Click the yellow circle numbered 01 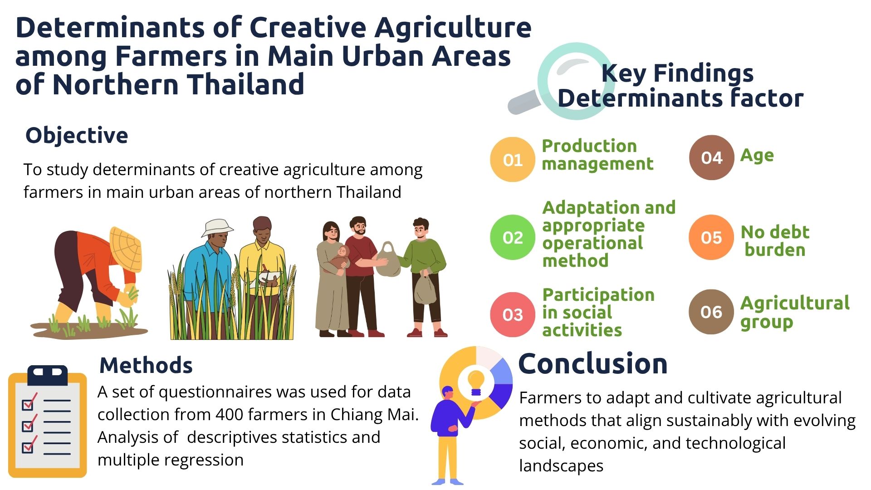click(513, 160)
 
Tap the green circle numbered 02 click(513, 237)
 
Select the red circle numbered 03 click(513, 314)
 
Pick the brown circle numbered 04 click(711, 157)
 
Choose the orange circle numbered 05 click(711, 237)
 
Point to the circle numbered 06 click(711, 312)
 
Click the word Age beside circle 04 click(757, 156)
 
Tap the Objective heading click(77, 136)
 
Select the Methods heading click(146, 365)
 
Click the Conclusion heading click(593, 363)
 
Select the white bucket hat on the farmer click(217, 228)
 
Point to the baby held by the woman click(339, 258)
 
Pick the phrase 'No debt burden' click(775, 241)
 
